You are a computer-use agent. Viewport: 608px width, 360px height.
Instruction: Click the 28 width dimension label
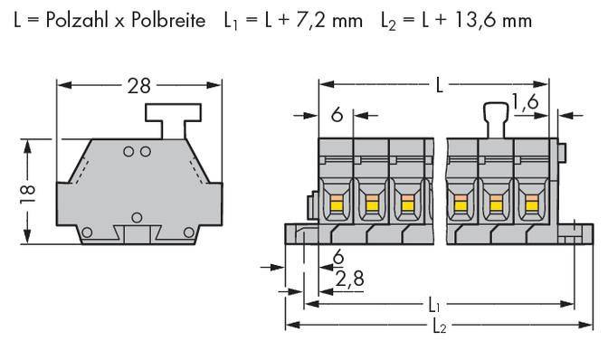tap(138, 86)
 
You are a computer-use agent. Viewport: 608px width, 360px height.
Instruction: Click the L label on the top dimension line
tap(439, 86)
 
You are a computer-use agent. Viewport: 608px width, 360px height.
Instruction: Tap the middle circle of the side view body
tap(137, 217)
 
